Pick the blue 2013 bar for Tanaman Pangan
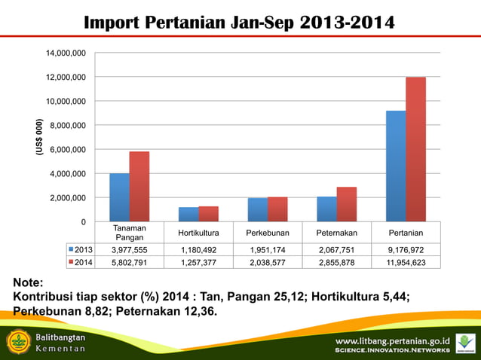(119, 197)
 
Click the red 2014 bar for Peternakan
(346, 204)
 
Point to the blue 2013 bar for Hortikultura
(188, 214)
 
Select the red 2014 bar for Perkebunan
(277, 209)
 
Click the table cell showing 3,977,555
(129, 249)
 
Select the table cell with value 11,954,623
(406, 261)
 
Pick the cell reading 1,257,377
(198, 261)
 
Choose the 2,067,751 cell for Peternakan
(336, 249)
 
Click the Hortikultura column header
(198, 233)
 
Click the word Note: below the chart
(28, 282)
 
